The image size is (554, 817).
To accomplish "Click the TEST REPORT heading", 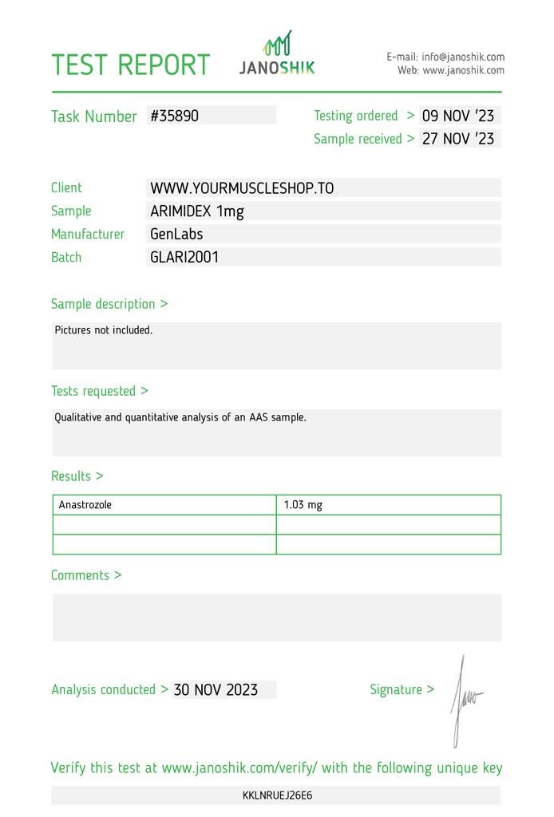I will (130, 65).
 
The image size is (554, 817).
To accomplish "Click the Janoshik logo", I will (277, 54).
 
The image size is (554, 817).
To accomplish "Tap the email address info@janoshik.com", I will (463, 57).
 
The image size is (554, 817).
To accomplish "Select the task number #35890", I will (174, 116).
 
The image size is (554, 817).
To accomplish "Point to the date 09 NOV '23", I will (458, 116).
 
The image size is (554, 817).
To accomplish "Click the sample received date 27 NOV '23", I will (458, 139).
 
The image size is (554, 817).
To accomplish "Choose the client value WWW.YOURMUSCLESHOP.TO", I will (242, 188).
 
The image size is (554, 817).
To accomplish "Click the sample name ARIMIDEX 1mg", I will (197, 211).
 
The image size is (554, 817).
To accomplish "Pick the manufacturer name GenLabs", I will (176, 235).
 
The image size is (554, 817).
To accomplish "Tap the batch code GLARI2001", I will (184, 258).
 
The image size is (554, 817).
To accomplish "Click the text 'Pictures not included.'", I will (103, 330).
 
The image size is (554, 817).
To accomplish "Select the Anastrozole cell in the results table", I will (85, 505).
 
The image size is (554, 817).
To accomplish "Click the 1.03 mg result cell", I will (303, 505).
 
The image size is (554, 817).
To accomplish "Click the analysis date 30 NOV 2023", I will (216, 690).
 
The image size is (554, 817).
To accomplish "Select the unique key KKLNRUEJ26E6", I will (277, 795).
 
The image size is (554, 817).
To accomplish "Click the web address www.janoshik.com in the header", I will (463, 70).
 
